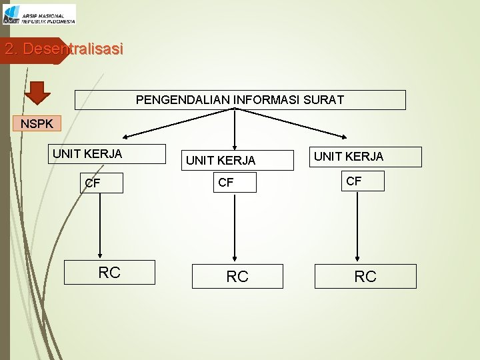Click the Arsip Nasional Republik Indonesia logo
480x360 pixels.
click(x=39, y=14)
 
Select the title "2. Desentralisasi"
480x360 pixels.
click(x=63, y=49)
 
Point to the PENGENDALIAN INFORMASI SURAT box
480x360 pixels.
click(x=240, y=100)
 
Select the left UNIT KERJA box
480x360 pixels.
click(x=109, y=154)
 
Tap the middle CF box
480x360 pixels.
click(x=235, y=183)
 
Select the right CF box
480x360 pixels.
click(x=363, y=181)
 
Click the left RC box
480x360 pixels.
click(x=109, y=272)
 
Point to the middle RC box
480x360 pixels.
click(x=237, y=277)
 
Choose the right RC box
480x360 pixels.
click(x=365, y=276)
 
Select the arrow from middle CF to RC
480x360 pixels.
click(x=235, y=227)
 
